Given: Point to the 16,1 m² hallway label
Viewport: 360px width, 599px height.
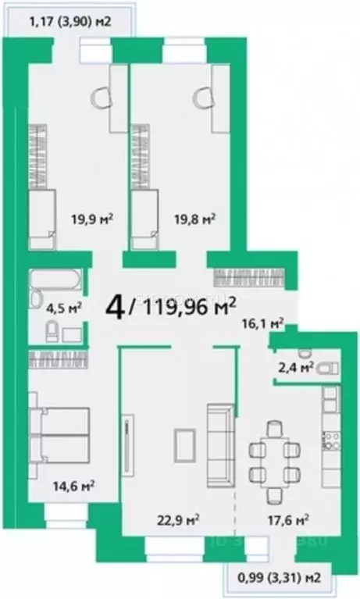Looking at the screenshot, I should coord(262,321).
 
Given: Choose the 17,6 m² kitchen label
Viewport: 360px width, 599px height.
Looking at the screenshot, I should coord(289,517).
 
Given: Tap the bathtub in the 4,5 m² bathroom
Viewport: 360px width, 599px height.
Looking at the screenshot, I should coord(54,279).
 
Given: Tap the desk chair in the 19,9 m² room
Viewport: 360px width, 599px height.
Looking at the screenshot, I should coord(101,97).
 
